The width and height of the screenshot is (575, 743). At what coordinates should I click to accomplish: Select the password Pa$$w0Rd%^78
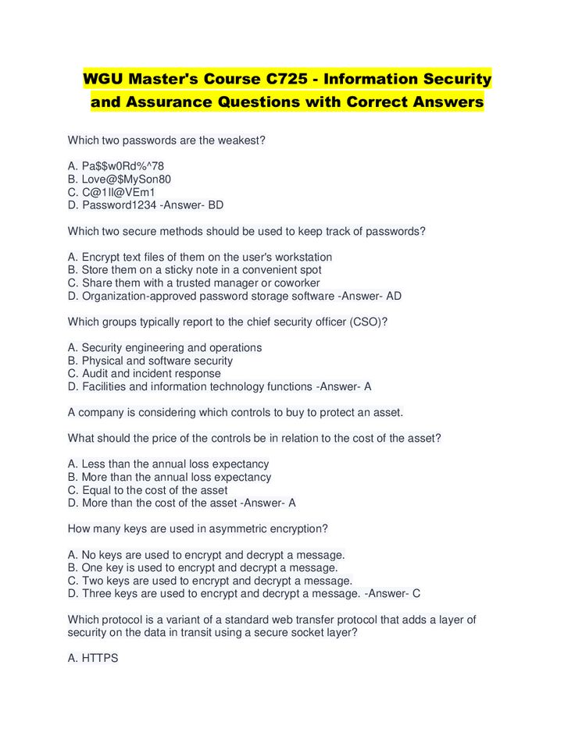pos(123,166)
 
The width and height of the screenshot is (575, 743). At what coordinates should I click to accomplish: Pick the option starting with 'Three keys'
pos(213,593)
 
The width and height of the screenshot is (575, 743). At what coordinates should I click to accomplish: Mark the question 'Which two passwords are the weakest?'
pos(166,140)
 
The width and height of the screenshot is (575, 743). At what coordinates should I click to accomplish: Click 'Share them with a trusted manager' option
pos(200,283)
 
